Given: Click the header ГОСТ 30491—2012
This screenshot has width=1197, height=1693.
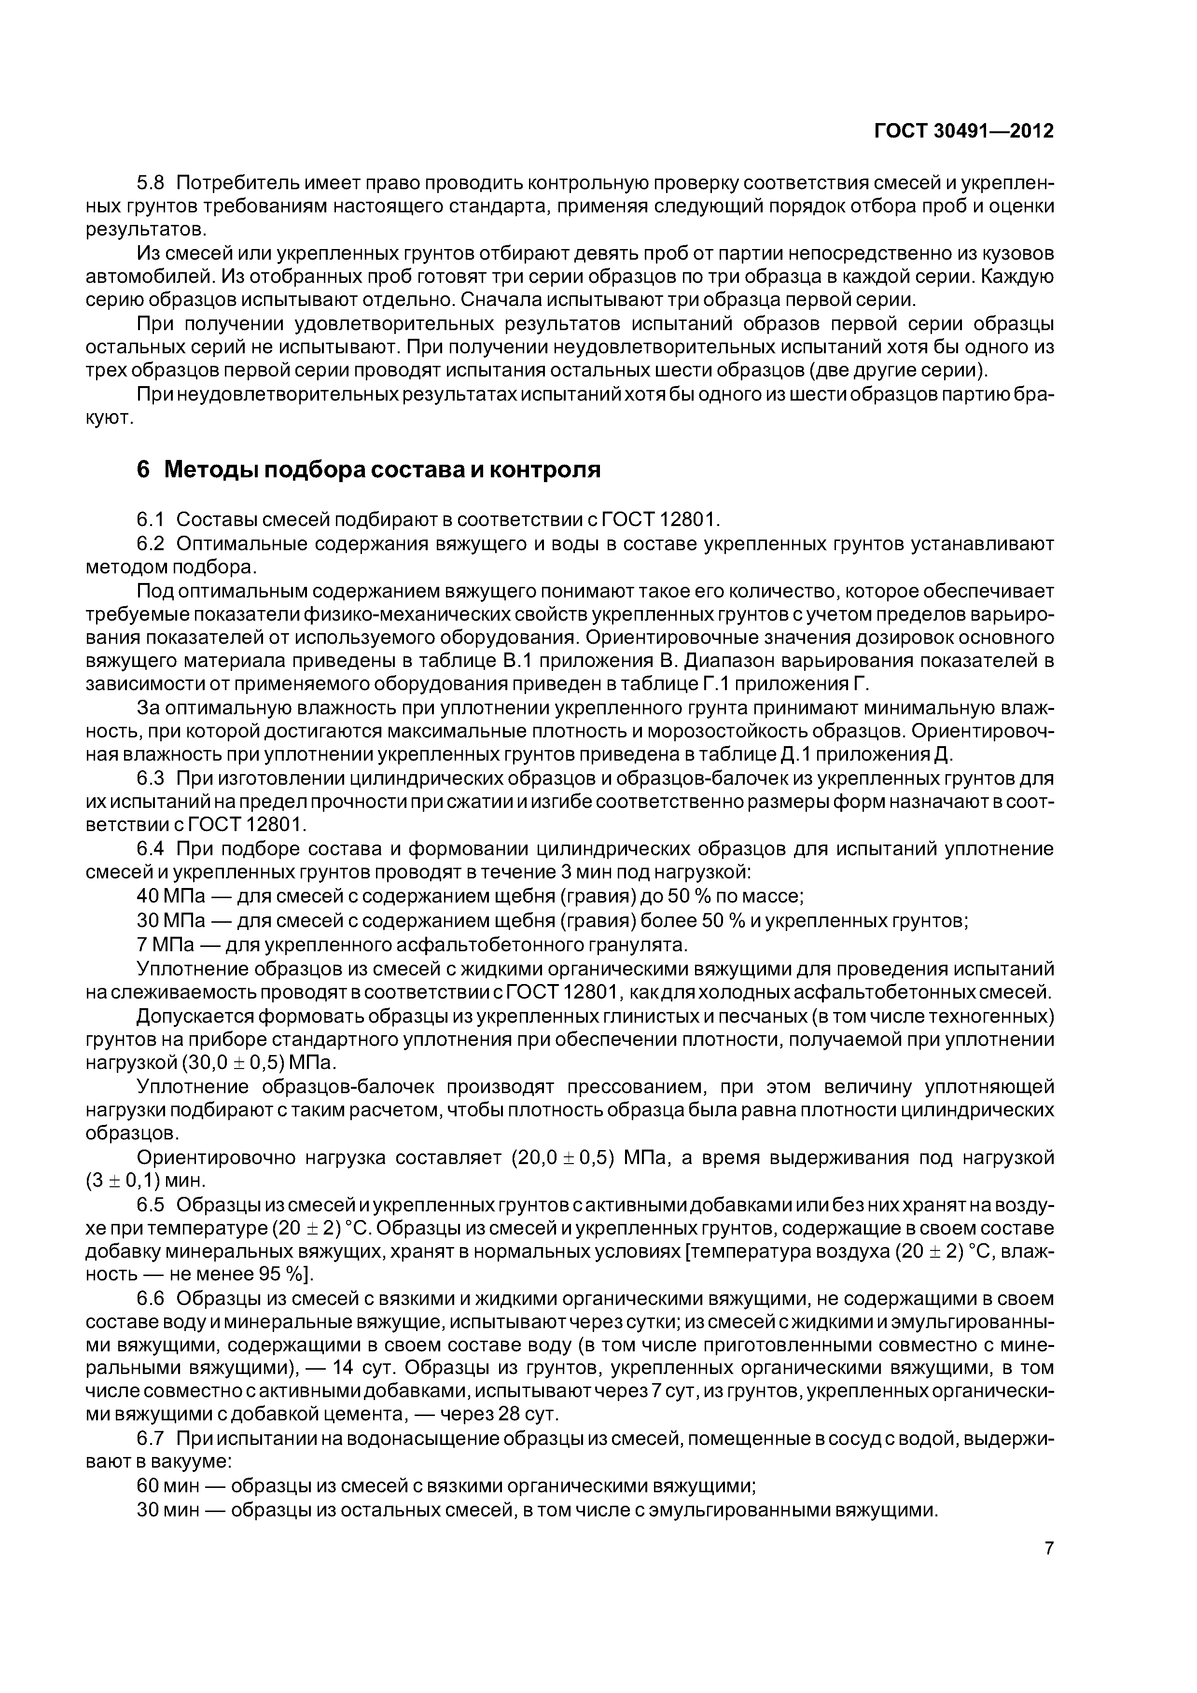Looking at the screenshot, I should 963,131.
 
